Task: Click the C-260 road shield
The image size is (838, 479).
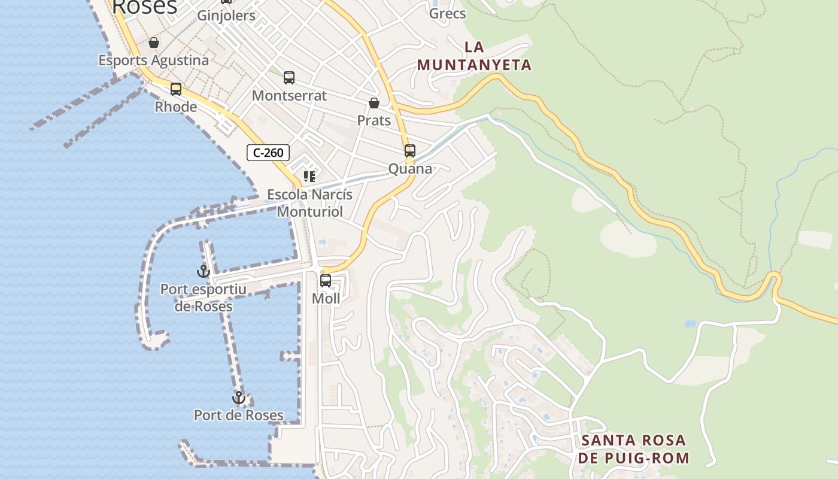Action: [268, 153]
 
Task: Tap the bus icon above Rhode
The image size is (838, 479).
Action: [176, 89]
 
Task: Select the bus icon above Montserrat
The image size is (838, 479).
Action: [289, 78]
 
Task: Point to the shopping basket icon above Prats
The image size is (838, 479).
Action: [374, 103]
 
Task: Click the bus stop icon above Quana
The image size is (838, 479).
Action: [410, 151]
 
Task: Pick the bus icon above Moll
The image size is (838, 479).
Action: [326, 281]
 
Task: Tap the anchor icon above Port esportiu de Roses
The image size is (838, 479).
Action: [204, 272]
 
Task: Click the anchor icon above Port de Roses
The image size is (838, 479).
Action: [239, 398]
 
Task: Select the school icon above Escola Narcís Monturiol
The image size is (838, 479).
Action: [309, 177]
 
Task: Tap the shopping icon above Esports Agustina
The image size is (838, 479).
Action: [154, 43]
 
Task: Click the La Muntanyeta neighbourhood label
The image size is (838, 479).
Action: [474, 56]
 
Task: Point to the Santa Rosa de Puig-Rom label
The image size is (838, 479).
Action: [634, 449]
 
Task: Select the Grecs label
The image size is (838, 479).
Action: [448, 13]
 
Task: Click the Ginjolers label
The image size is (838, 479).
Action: [226, 16]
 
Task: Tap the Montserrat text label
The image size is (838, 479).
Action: [289, 96]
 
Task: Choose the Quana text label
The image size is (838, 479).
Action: [410, 169]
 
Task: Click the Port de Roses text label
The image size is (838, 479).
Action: [239, 415]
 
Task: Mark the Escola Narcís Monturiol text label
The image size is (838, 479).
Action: [309, 203]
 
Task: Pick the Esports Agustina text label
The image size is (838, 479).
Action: [154, 60]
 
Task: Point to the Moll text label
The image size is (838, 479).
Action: [326, 298]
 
